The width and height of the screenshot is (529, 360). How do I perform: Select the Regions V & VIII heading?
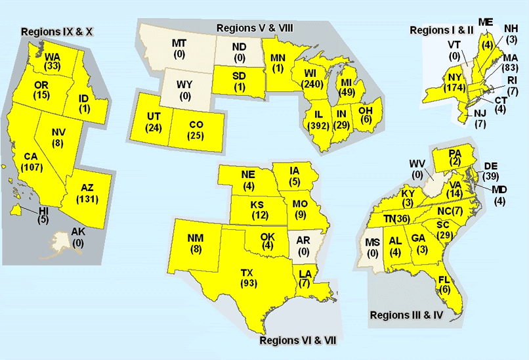coord(255,28)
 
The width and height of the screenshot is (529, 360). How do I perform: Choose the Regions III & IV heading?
coord(407,315)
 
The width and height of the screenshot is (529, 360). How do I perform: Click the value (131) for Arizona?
coord(87,198)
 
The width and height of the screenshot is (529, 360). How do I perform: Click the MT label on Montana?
coord(179,43)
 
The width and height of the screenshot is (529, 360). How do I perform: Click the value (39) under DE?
coord(490,177)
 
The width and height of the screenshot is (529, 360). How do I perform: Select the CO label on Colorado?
coord(195,125)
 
